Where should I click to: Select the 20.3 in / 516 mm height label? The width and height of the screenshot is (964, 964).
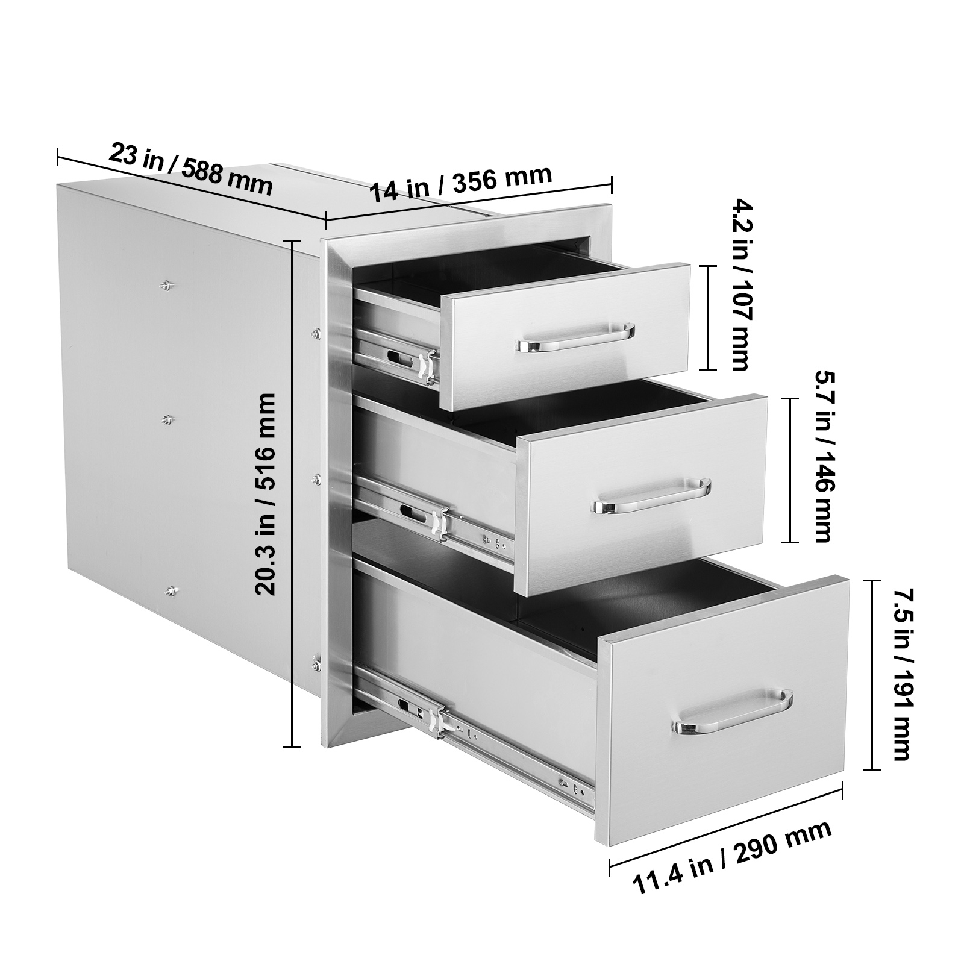point(266,494)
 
